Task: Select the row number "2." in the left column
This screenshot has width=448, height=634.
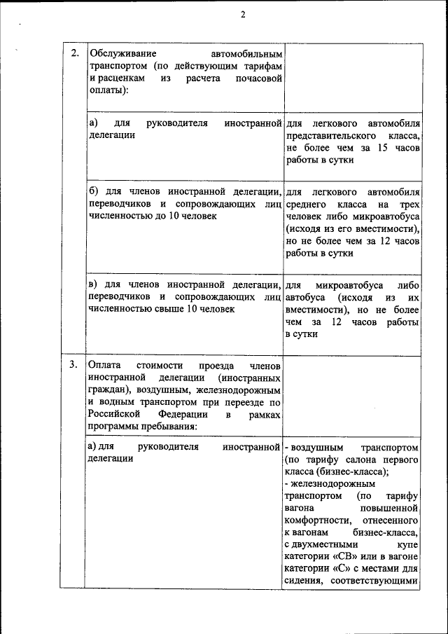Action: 75,54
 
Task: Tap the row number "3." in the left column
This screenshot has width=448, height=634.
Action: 75,365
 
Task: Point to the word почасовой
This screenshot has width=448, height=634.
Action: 258,79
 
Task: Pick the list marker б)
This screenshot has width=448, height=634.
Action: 95,191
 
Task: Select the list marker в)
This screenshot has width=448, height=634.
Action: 95,284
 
